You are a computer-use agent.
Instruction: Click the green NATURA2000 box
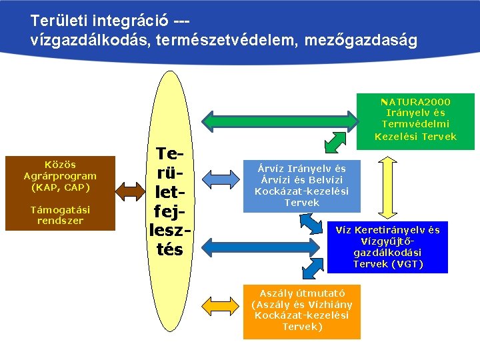[415, 121]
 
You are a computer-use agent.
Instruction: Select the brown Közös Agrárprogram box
[61, 193]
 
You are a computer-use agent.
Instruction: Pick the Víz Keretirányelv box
[387, 247]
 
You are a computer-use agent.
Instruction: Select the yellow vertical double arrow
[387, 187]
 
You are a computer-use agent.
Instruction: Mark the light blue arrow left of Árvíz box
[215, 177]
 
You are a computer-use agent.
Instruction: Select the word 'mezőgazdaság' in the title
[361, 41]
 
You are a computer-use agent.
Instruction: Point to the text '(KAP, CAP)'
[61, 187]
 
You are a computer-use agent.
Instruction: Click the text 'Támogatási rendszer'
[61, 215]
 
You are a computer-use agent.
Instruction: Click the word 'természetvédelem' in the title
[226, 41]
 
